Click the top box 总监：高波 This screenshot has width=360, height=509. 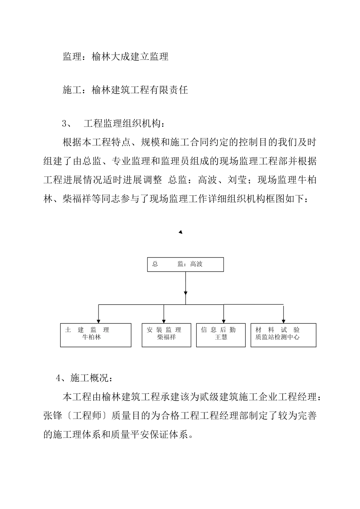click(x=185, y=264)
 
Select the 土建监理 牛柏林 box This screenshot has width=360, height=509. click(x=95, y=335)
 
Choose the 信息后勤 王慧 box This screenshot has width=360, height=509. click(x=221, y=335)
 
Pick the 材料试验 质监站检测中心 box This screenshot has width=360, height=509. click(x=283, y=335)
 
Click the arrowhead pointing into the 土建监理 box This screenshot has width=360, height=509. click(x=99, y=320)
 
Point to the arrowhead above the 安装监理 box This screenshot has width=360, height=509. click(x=164, y=320)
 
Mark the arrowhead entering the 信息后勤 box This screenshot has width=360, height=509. click(x=224, y=320)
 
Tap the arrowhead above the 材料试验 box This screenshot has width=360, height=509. click(x=283, y=320)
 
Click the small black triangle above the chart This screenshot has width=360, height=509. click(x=181, y=232)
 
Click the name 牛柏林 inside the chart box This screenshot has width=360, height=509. click(x=92, y=337)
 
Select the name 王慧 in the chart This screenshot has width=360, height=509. click(x=221, y=337)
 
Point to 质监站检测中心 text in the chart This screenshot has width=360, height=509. click(x=277, y=337)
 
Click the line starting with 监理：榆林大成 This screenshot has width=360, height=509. click(x=115, y=57)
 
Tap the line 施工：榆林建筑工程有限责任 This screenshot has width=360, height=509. click(x=125, y=90)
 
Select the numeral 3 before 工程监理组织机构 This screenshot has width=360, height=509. click(x=64, y=123)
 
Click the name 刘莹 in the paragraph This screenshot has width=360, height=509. click(x=237, y=180)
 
